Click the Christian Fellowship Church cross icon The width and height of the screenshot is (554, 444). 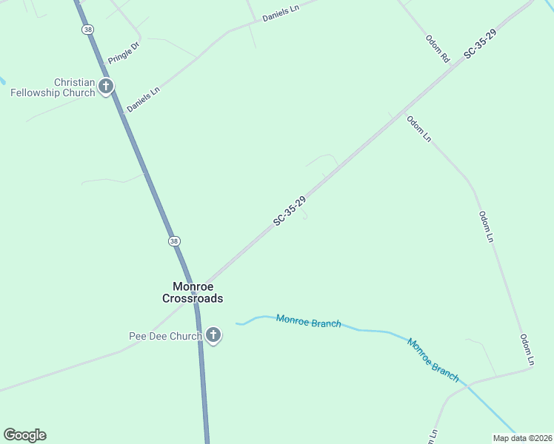pos(106,87)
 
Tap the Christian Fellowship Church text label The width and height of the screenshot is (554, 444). pos(53,87)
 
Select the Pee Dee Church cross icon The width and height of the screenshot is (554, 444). pos(213,336)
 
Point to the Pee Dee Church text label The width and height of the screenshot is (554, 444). pos(164,337)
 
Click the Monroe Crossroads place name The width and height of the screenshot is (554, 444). pos(193,292)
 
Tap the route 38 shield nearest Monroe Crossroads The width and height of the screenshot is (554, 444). pos(173,241)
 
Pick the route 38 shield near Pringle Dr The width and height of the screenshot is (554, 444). pos(88,29)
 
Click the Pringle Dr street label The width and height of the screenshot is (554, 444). pos(124,52)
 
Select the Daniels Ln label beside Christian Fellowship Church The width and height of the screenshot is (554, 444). pos(143,100)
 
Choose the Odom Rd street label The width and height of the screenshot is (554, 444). pos(438,48)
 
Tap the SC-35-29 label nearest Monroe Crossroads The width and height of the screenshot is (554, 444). pos(290,212)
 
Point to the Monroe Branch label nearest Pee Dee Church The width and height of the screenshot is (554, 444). pos(308,321)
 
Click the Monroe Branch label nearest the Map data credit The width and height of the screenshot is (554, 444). pos(433,360)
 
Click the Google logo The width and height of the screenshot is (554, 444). pos(24,435)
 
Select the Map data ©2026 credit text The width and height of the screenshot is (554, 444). pos(522,438)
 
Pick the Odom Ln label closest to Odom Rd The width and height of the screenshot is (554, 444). pos(418,127)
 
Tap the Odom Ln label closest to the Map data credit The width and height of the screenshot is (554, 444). pos(527,350)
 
